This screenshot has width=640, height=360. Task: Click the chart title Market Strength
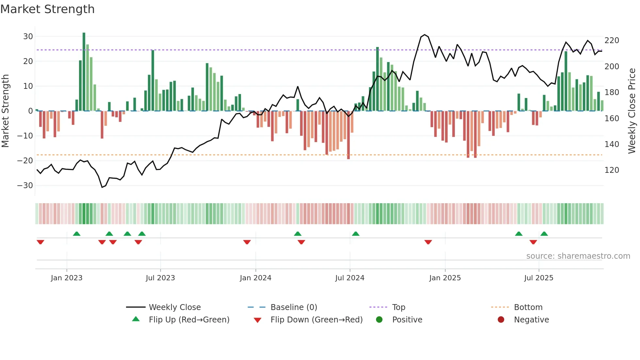tap(47, 9)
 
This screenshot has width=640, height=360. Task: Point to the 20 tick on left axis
tap(28, 61)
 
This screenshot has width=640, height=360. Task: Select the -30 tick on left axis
tap(25, 186)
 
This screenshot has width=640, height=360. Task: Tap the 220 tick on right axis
tap(612, 41)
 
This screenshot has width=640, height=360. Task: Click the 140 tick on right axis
tap(612, 144)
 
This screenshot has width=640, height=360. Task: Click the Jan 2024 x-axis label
tap(255, 278)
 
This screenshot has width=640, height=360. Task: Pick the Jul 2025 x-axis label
tap(538, 278)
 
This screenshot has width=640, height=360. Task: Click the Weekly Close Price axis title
tap(632, 111)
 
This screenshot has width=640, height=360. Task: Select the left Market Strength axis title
tap(6, 111)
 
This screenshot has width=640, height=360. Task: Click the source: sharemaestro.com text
tap(578, 256)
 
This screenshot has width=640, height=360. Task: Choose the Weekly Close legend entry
tap(175, 307)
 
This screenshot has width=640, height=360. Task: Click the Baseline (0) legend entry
tap(294, 307)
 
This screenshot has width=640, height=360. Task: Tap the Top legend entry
tap(398, 307)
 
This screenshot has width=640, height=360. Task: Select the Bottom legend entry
tap(528, 307)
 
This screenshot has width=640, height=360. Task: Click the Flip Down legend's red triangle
tap(257, 320)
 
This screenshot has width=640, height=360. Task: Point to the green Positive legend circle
tap(379, 320)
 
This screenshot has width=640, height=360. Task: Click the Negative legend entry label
tap(531, 320)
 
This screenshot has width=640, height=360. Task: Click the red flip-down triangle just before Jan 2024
tap(247, 242)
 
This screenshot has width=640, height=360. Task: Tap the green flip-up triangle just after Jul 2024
tap(356, 234)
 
